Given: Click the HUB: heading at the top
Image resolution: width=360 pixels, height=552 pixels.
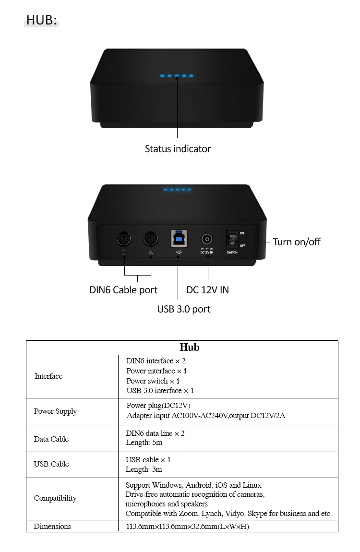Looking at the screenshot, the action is (41, 20).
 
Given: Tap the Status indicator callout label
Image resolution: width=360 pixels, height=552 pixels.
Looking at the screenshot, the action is (178, 149).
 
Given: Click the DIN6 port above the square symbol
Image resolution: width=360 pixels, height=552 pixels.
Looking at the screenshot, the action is (124, 239).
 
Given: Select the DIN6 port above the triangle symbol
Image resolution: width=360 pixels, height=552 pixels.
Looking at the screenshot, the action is (151, 239).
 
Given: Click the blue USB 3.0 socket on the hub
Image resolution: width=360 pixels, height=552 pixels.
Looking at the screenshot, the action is (179, 238).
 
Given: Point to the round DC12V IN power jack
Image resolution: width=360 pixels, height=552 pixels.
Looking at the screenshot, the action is (207, 239).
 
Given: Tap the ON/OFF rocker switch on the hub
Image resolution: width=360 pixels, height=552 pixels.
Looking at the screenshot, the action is (232, 239).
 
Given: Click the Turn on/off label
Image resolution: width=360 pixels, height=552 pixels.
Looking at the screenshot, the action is (296, 241).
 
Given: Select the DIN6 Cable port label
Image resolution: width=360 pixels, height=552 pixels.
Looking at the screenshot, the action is (123, 290).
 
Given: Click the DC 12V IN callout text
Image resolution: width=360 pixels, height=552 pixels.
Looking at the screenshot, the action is (207, 290).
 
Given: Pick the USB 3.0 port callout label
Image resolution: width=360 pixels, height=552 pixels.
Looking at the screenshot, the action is (184, 309).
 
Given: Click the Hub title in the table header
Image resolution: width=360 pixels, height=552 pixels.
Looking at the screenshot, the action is (189, 347).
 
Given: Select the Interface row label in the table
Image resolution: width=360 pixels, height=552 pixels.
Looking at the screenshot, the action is (48, 376).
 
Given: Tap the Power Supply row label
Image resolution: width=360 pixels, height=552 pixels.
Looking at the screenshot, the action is (55, 411).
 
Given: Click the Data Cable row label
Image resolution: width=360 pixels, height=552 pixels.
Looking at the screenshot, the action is (51, 439).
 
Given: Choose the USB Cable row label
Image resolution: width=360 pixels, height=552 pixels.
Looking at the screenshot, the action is (51, 464).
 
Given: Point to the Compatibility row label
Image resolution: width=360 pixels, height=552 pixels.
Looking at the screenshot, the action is (55, 498).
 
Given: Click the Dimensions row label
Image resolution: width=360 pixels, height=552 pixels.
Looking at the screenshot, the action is (52, 527).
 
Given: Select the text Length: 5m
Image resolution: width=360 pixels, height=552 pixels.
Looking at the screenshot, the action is (144, 443).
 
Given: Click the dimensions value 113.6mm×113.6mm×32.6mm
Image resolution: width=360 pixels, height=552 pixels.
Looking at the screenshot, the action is (187, 527).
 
